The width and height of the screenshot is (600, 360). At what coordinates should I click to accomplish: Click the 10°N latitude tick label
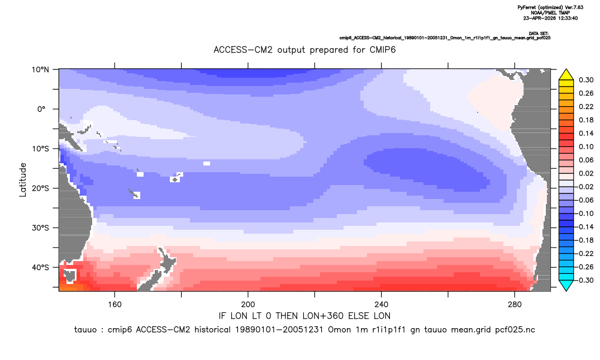coord(40,70)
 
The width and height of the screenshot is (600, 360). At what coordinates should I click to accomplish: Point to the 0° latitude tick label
coord(41,109)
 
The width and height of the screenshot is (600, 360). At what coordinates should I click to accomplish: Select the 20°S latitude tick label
coord(40,188)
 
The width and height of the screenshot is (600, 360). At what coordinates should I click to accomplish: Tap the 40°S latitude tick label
coord(40,267)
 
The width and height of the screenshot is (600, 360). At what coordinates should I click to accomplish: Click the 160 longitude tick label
coord(115,305)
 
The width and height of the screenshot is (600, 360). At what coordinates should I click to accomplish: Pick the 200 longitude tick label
coord(248,305)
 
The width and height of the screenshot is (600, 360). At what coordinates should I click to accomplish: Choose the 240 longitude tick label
coord(382,305)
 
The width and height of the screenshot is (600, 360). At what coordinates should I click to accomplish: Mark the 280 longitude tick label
coord(515,305)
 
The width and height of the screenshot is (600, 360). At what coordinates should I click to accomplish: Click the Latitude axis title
coord(23,180)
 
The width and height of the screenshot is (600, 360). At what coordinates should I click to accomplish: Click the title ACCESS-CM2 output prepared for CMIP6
coord(304,50)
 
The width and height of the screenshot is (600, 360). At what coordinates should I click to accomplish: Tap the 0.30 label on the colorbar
coord(586,80)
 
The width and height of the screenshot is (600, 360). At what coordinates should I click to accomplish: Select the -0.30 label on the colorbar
coord(584,280)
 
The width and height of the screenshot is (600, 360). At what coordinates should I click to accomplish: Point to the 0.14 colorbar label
coord(586,133)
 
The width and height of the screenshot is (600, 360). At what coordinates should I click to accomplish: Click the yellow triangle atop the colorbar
coord(566,75)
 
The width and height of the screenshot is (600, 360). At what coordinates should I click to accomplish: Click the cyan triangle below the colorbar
coord(566,286)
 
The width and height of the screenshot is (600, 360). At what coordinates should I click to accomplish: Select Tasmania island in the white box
coord(70,276)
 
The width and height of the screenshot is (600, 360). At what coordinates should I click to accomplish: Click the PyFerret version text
coord(550,7)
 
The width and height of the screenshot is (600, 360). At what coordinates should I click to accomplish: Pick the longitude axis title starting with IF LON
coord(304,316)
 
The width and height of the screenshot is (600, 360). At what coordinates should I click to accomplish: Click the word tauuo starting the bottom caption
coord(85,330)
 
